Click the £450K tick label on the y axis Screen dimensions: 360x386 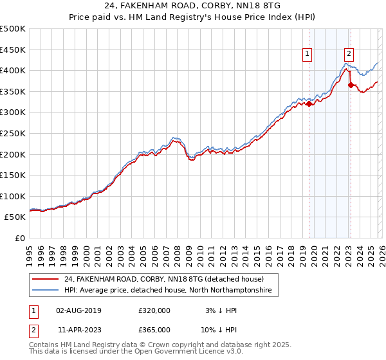click(x=13, y=50)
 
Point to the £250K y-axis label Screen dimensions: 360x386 click(x=13, y=133)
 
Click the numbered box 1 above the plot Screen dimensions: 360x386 click(x=308, y=55)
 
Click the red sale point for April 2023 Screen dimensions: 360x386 click(x=351, y=85)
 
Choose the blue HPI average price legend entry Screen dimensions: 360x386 click(x=168, y=291)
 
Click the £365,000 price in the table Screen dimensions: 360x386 click(x=154, y=329)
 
